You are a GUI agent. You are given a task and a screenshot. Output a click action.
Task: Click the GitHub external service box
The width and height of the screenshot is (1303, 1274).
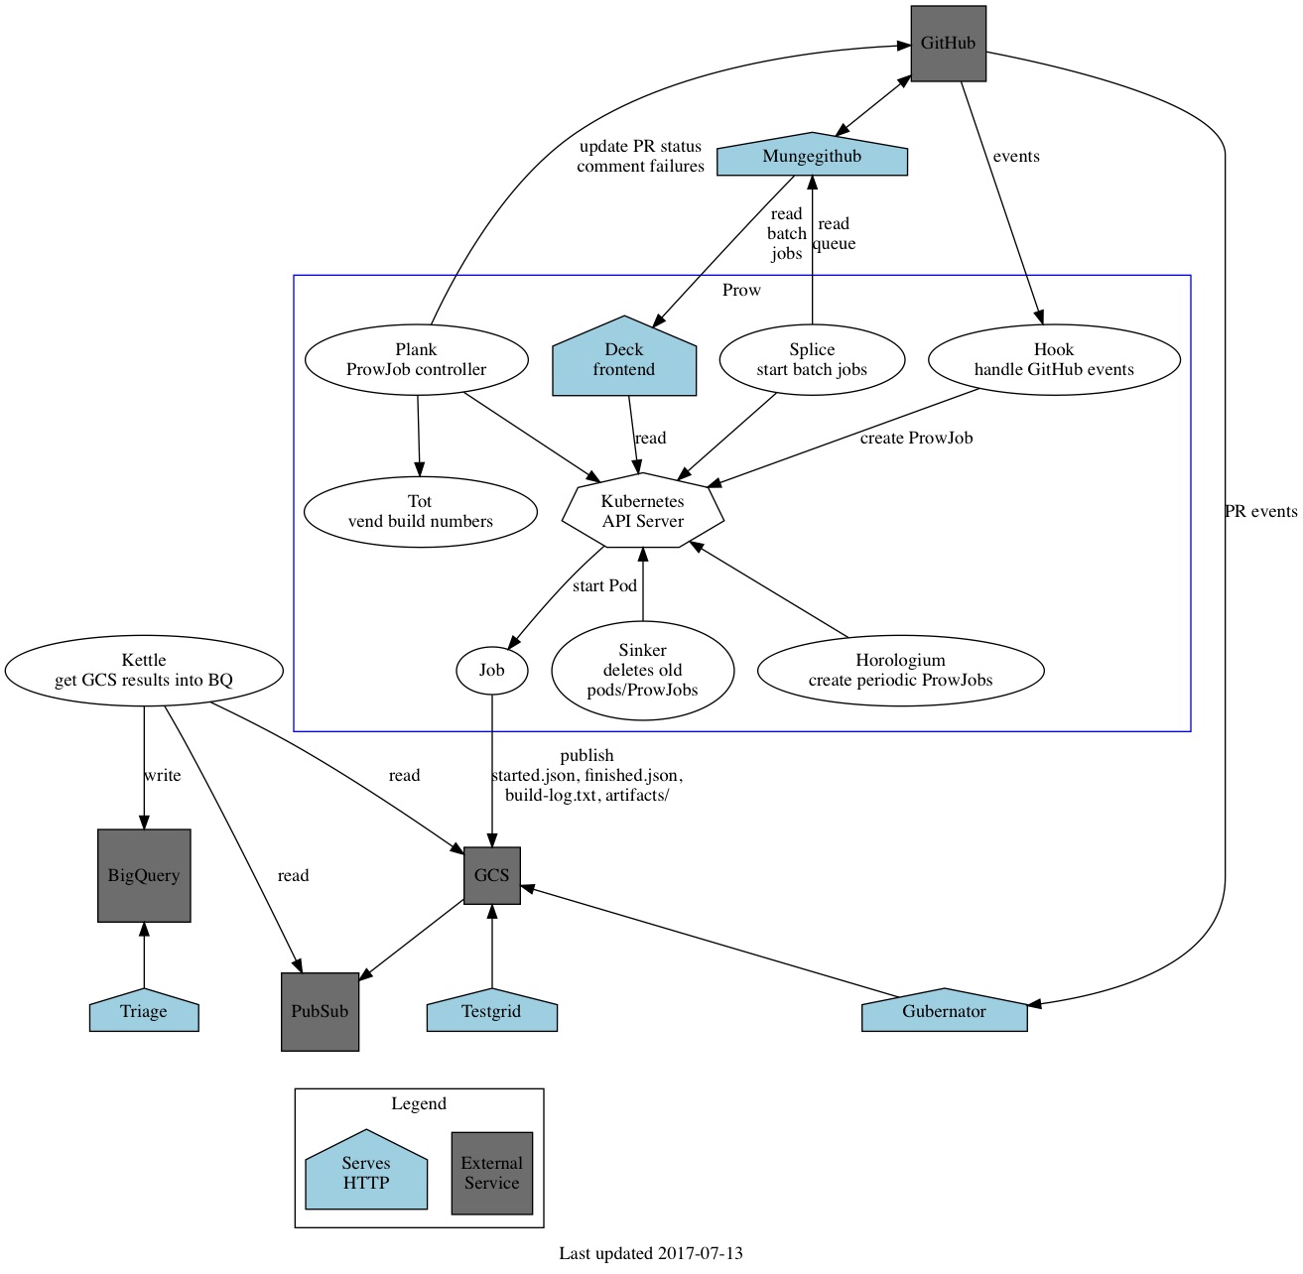pos(948,44)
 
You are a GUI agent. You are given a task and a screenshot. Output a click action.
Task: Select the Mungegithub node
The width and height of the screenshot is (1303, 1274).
pos(812,157)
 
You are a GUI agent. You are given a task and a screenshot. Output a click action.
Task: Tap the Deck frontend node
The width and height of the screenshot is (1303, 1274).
pos(624,359)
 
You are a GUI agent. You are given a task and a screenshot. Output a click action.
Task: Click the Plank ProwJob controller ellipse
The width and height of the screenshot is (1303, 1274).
pos(416,360)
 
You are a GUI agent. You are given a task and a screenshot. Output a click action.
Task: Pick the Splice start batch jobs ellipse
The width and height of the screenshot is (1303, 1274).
pos(812,360)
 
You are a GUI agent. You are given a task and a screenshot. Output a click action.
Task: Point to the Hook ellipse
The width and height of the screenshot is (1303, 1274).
pos(1054,360)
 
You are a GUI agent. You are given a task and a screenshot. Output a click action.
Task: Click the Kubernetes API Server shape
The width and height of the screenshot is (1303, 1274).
pos(643,511)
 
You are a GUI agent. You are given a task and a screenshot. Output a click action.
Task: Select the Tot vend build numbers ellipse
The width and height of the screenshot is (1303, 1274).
pos(420,512)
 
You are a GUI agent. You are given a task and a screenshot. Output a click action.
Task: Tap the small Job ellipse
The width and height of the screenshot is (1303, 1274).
pos(492,671)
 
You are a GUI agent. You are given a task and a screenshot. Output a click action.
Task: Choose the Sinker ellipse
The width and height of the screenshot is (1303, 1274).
pos(643,671)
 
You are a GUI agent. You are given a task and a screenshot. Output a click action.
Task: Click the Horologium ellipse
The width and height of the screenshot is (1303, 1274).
pos(900,671)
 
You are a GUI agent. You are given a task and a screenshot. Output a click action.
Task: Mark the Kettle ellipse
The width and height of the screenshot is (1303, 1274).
pos(144,671)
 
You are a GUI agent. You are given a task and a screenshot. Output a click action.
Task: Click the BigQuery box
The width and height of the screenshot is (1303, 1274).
pos(144,876)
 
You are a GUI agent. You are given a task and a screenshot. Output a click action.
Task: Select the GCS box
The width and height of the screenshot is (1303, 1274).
pos(492,875)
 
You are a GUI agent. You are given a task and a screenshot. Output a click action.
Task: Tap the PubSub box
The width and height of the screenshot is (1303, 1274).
pos(320,1012)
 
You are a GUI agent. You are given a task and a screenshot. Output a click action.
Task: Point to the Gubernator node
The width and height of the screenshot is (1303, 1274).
pos(944,1012)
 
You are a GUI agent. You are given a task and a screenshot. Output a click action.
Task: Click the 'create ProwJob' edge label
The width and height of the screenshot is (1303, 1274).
pos(916,439)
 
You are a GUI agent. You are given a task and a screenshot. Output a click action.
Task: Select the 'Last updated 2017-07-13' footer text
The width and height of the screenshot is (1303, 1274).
pos(651,1254)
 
